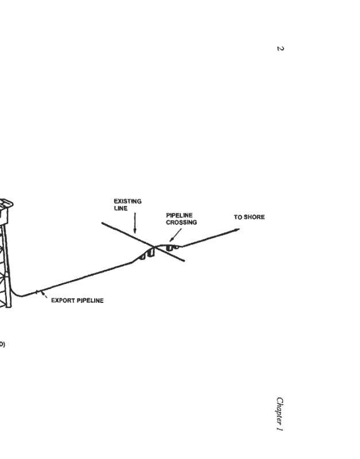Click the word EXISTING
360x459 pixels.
[x=127, y=201]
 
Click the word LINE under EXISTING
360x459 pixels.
[x=120, y=208]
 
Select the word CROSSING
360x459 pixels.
[x=181, y=222]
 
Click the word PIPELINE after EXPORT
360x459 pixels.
[x=90, y=301]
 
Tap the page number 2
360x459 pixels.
[x=280, y=48]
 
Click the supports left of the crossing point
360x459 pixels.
[x=147, y=253]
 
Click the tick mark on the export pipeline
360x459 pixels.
[x=39, y=292]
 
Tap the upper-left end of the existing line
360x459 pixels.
[x=103, y=222]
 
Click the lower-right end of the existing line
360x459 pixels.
[x=184, y=261]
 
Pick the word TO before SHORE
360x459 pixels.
[x=238, y=217]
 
